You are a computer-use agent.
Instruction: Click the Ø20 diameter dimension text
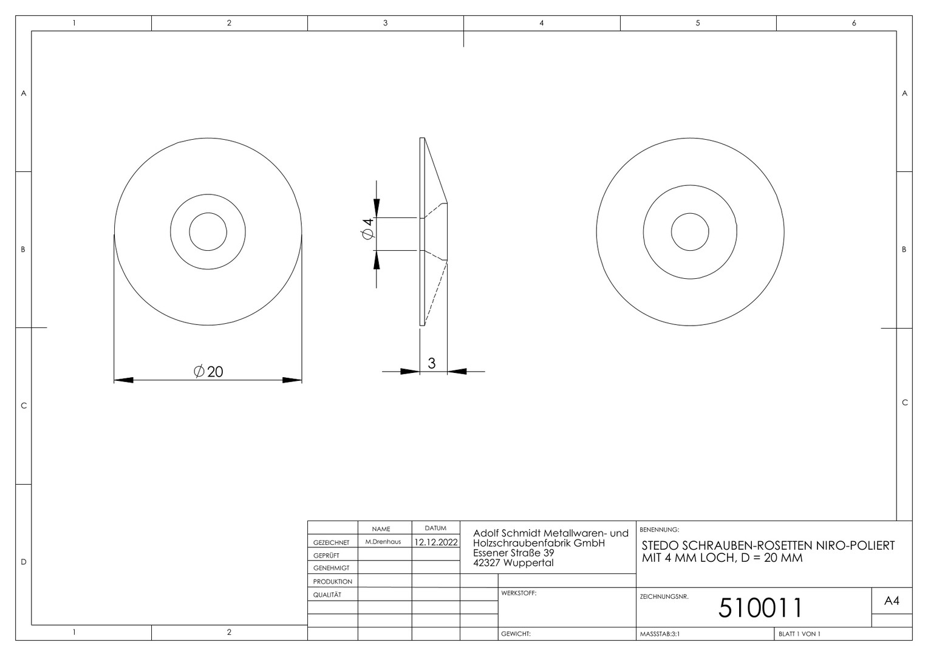coord(208,371)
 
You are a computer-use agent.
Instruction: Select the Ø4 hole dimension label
coord(367,228)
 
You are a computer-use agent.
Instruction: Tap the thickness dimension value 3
coord(432,363)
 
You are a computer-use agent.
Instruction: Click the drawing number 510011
coord(760,607)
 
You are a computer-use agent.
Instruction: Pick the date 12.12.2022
coord(436,542)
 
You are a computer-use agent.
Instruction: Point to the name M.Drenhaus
coord(383,542)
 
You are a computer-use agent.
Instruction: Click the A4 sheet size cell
coord(892,601)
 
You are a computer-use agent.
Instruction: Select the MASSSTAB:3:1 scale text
coord(660,634)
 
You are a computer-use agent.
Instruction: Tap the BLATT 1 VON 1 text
coord(799,634)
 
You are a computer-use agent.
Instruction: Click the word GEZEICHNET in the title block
coord(331,542)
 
